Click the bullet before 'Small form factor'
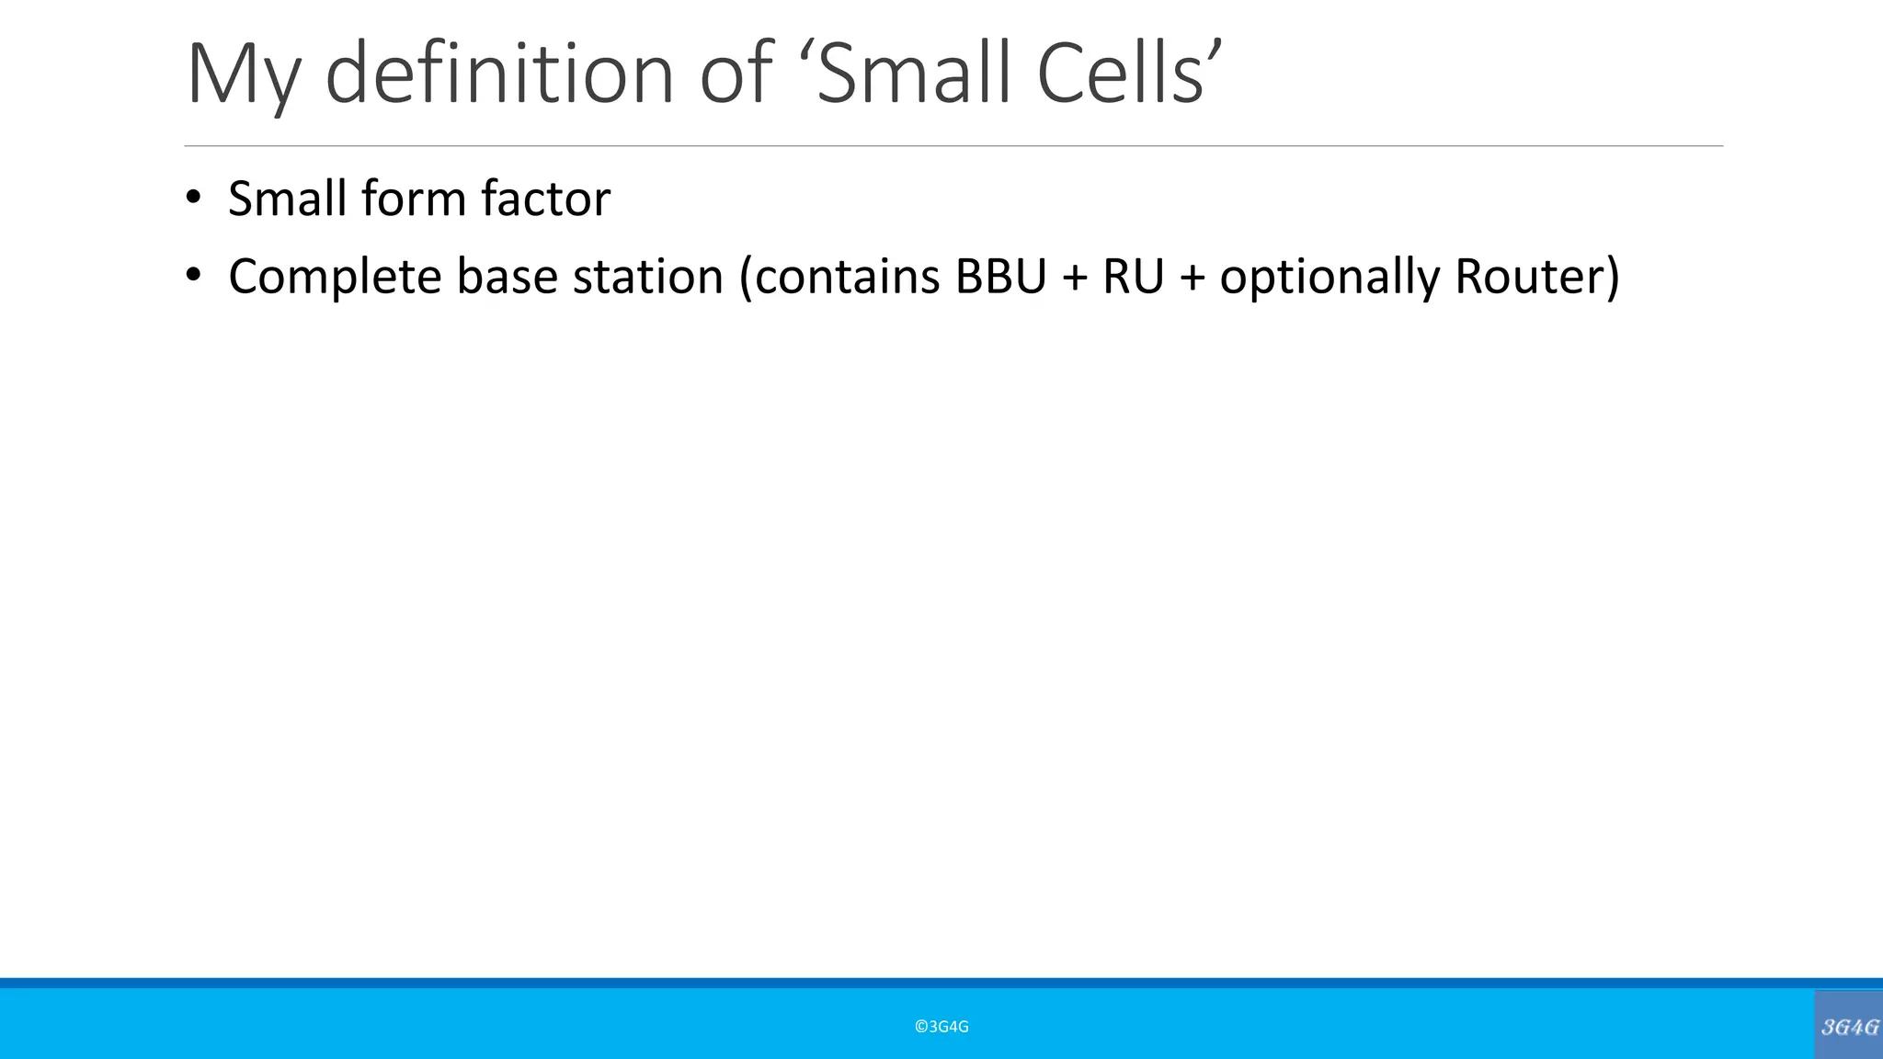click(192, 198)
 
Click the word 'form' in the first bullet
click(413, 199)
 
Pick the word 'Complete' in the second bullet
click(335, 277)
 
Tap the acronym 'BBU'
click(1000, 277)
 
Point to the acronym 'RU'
click(1133, 277)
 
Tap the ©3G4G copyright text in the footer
click(941, 1027)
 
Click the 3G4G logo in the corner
click(1849, 1026)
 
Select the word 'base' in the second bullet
click(507, 277)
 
